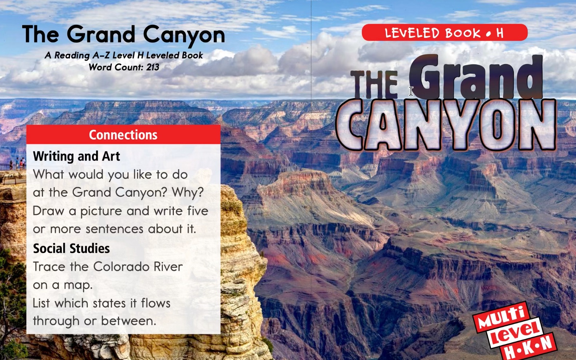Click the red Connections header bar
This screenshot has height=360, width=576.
[123, 135]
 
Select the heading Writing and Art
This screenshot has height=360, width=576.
[76, 156]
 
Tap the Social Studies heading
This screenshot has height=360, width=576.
[71, 248]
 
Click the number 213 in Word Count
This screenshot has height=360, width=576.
[153, 67]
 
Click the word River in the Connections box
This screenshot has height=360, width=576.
[168, 267]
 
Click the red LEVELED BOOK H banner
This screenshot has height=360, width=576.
[444, 33]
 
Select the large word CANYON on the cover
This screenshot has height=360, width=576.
[446, 125]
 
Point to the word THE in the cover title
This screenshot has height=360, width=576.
[374, 85]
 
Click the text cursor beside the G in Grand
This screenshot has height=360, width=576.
[411, 91]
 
